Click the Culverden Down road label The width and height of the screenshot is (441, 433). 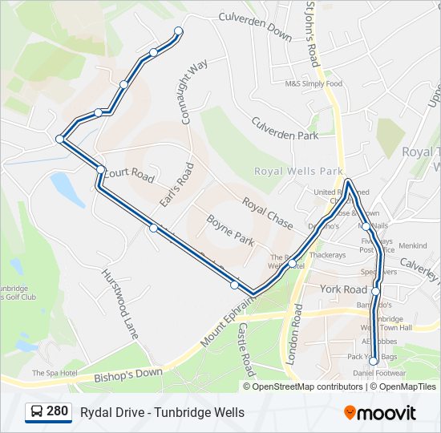tap(255, 26)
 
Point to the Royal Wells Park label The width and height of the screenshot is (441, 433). tap(298, 172)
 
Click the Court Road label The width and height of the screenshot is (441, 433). tap(128, 175)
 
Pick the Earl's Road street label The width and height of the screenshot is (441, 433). tap(176, 186)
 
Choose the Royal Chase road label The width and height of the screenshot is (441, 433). tap(267, 213)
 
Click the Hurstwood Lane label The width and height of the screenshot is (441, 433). tap(119, 301)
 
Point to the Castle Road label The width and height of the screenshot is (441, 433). tap(245, 350)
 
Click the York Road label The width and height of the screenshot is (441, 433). tap(342, 289)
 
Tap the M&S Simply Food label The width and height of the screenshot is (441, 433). tap(314, 83)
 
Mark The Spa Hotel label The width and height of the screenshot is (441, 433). tap(55, 374)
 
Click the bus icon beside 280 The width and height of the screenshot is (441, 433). tap(37, 412)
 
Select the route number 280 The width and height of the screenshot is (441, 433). tap(57, 412)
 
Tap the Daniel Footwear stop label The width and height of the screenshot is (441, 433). tap(379, 374)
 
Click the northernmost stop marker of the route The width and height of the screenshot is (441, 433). tap(178, 31)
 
